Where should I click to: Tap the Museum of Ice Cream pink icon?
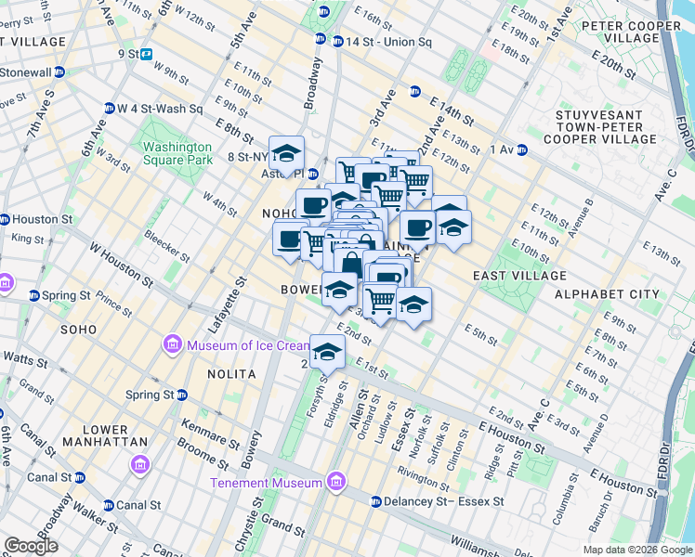click(172, 346)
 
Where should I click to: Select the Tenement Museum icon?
click(335, 482)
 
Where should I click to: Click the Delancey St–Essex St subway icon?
click(375, 501)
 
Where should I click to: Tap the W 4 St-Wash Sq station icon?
click(109, 108)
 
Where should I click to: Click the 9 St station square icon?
click(147, 54)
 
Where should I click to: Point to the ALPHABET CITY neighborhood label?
click(607, 294)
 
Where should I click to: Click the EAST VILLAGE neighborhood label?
click(519, 276)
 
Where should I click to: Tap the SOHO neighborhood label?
click(79, 330)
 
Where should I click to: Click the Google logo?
click(31, 546)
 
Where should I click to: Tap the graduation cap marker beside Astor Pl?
click(287, 153)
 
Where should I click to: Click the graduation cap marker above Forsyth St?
click(327, 351)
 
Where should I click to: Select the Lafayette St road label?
click(220, 304)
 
